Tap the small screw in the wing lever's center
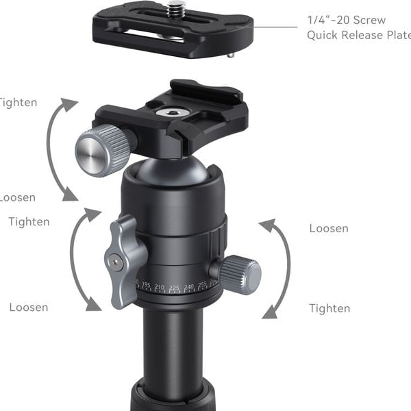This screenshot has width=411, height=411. [118, 260]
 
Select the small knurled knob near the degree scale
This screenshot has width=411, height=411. [239, 274]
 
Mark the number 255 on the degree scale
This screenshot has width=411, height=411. [204, 284]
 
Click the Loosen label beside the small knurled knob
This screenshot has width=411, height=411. [328, 228]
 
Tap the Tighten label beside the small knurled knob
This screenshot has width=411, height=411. [329, 308]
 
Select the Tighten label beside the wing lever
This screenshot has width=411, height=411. [29, 221]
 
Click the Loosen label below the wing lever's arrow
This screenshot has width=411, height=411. [28, 307]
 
